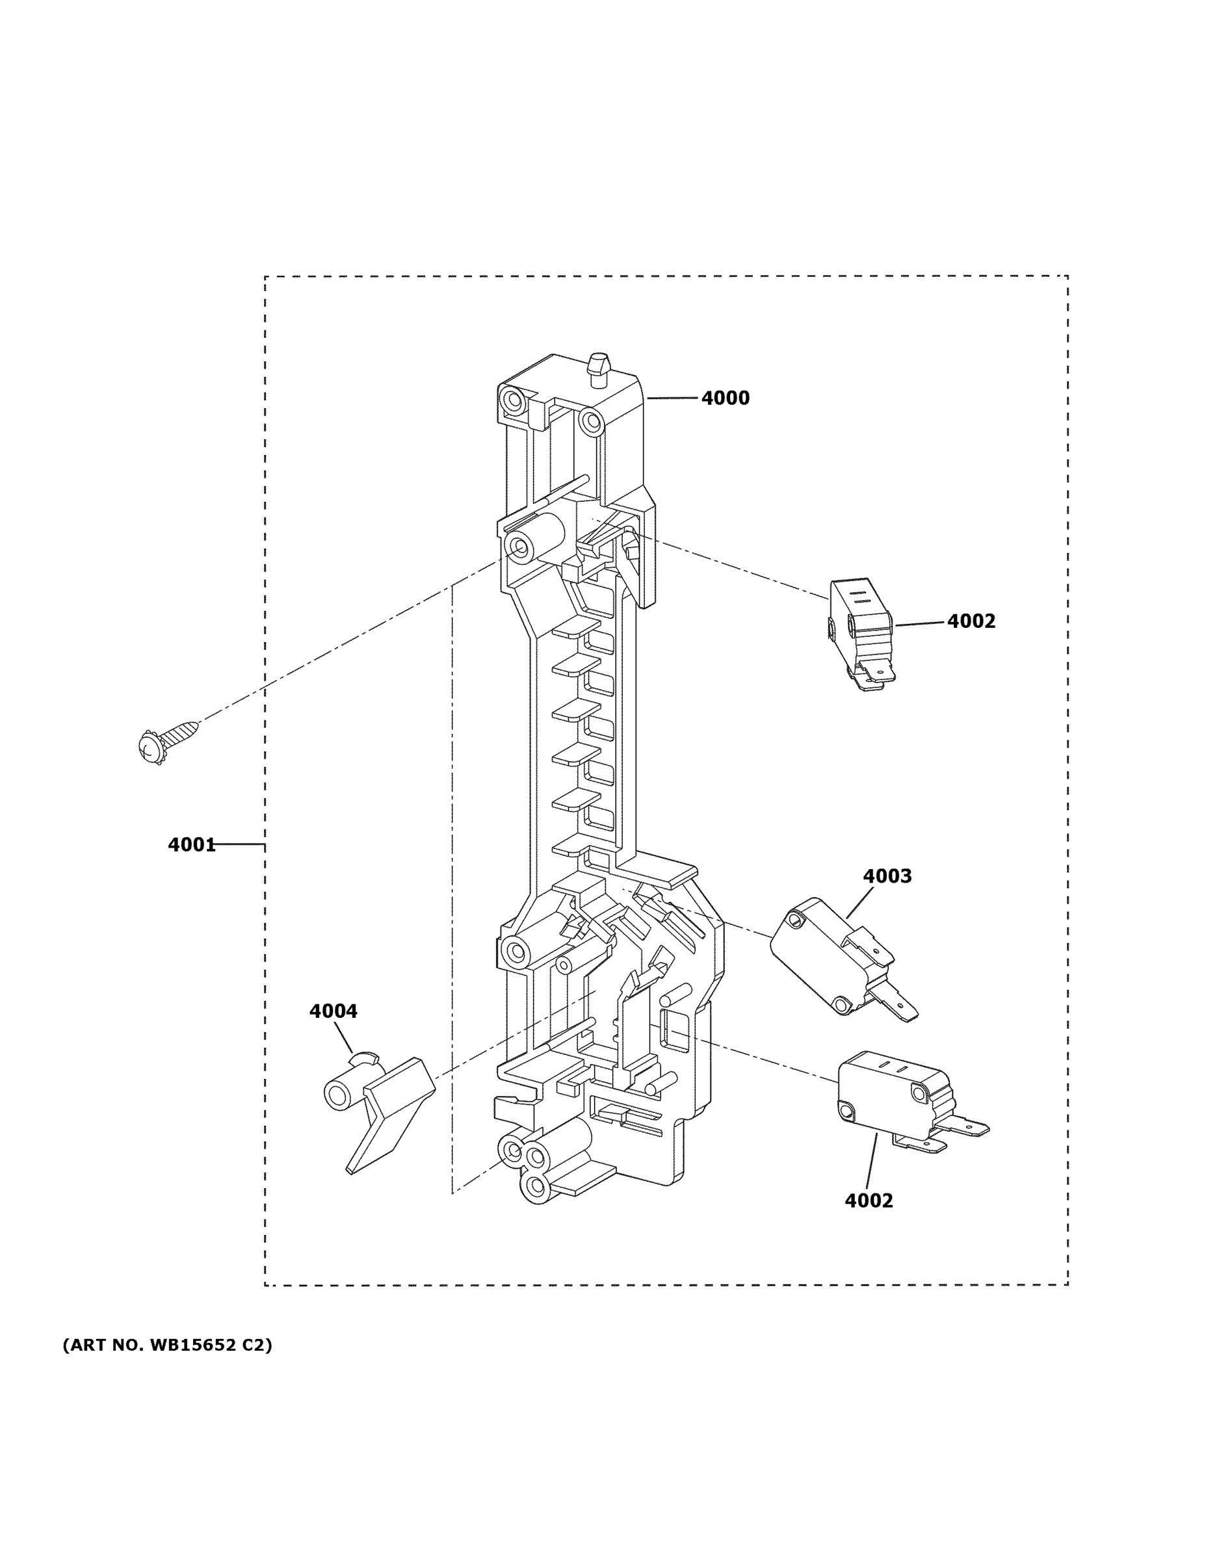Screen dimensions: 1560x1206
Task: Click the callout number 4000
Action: [x=725, y=398]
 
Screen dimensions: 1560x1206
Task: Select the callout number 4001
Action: [x=192, y=845]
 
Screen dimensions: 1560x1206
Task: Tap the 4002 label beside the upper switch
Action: [x=971, y=621]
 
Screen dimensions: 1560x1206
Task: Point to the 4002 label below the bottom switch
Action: [x=869, y=1201]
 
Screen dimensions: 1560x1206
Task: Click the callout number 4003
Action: [x=887, y=876]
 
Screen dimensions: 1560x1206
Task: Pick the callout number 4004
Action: [x=333, y=1011]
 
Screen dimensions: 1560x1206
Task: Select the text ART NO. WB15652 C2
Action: [x=167, y=1345]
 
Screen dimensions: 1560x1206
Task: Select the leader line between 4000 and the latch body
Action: [x=671, y=398]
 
